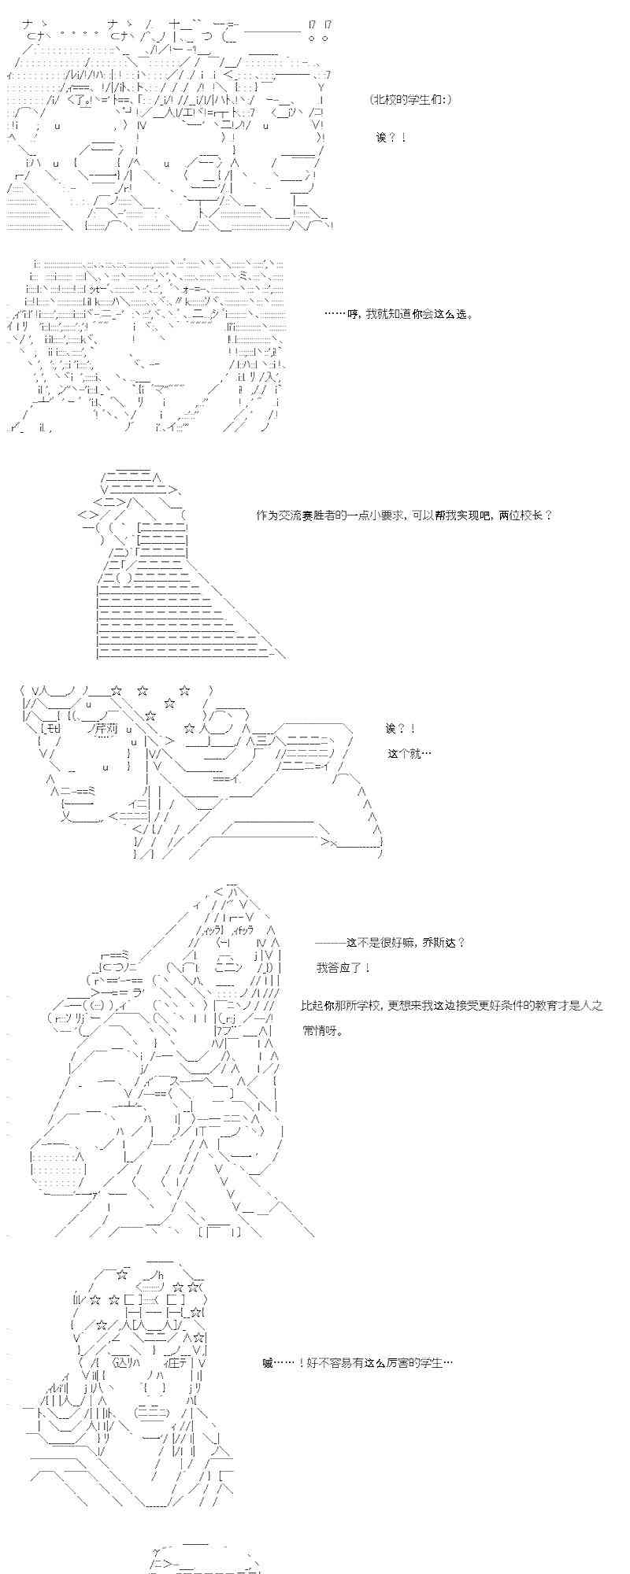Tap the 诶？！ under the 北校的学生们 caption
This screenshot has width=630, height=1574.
point(391,138)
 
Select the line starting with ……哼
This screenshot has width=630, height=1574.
point(398,314)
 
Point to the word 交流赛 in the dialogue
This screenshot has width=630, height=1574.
point(295,515)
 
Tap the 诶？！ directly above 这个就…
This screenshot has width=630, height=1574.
point(401,729)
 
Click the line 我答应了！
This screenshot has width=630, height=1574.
point(344,967)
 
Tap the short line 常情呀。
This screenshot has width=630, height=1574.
point(323,1030)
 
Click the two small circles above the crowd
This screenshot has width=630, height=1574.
point(318,37)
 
